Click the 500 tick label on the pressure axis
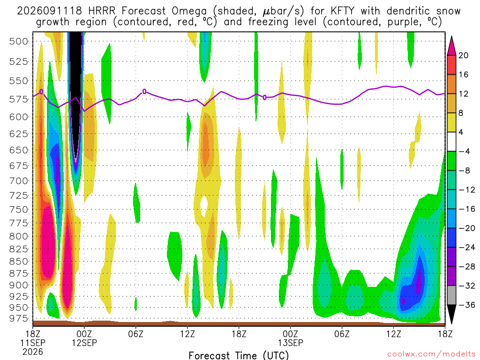pos(18,41)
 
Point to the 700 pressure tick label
pos(18,180)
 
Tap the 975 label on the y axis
pos(18,318)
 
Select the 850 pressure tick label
pos(18,262)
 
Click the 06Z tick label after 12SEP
pos(135,334)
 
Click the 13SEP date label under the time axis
pos(291,343)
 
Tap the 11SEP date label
pos(33,343)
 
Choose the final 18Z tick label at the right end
pos(445,334)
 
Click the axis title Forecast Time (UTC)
pos(239,355)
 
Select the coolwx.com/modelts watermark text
pos(431,354)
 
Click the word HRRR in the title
pos(102,11)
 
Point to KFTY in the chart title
pos(342,11)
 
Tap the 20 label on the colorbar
pos(464,55)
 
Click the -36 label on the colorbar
pos(466,305)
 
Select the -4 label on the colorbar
pos(464,151)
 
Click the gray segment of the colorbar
pos(451,295)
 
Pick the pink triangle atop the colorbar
pos(451,46)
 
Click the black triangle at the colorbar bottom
pos(451,314)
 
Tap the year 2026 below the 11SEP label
pos(33,352)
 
